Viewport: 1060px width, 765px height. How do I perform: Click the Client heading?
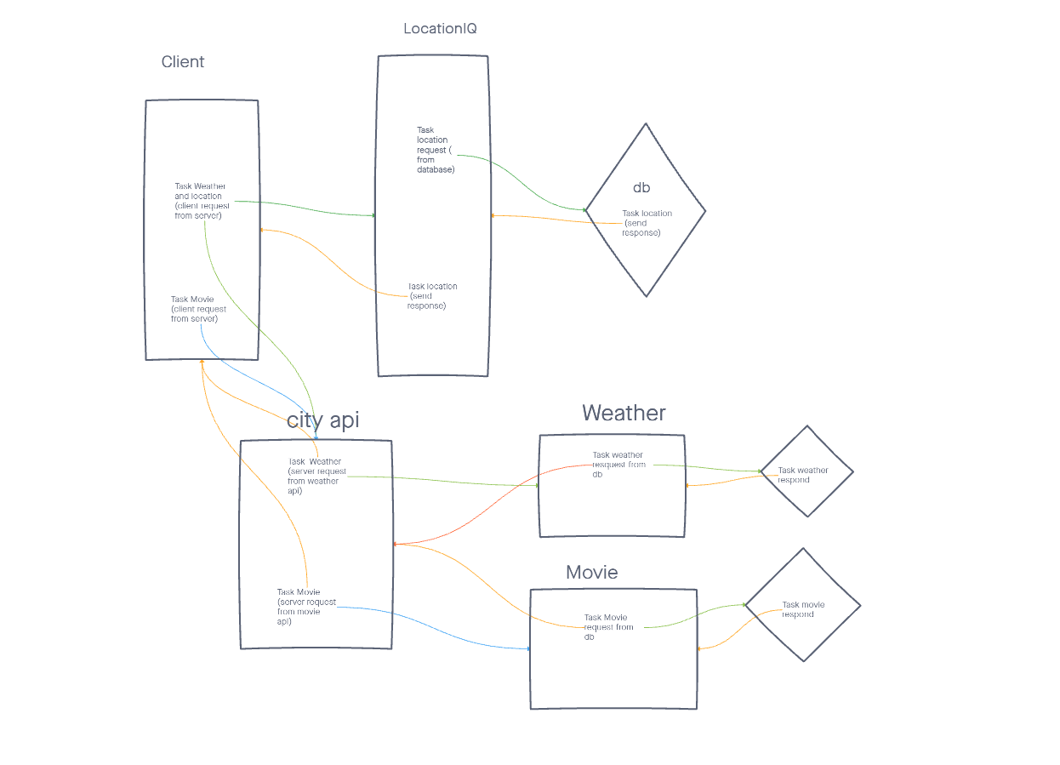tap(183, 62)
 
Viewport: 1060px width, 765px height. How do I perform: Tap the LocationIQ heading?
tap(440, 29)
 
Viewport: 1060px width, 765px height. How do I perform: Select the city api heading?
tap(323, 420)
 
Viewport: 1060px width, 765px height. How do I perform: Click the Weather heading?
tap(624, 413)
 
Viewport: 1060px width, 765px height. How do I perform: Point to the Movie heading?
tap(592, 572)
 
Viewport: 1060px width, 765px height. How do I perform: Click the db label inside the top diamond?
tap(641, 187)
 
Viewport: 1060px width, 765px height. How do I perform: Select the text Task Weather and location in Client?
tap(200, 201)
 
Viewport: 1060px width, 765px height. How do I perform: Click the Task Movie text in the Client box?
tap(198, 309)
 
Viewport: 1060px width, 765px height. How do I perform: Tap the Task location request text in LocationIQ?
tap(435, 150)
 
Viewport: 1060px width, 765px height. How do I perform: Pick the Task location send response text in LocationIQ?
tap(432, 296)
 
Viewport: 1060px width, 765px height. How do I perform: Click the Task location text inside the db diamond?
tap(647, 223)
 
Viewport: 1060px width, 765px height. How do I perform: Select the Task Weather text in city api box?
tap(314, 477)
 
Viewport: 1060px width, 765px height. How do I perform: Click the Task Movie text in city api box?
tap(305, 607)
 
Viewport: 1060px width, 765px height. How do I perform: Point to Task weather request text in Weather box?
tap(618, 465)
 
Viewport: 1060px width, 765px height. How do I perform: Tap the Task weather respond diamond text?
tap(802, 475)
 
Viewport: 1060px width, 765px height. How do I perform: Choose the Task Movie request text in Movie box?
tap(608, 627)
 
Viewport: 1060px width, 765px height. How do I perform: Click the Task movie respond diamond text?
tap(802, 609)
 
